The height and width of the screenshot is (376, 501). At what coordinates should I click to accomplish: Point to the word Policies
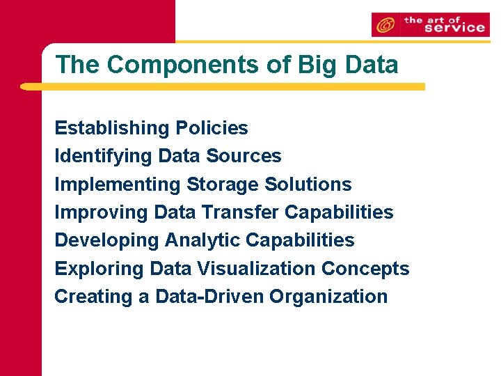click(x=212, y=128)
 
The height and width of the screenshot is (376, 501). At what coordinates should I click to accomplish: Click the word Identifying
click(x=104, y=156)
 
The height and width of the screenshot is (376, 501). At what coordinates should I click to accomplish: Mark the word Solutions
click(x=308, y=185)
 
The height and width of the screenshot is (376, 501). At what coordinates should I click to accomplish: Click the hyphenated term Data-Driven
click(x=209, y=296)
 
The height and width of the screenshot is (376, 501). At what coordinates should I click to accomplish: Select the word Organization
click(x=328, y=296)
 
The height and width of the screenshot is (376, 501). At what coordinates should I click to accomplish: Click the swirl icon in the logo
click(x=385, y=26)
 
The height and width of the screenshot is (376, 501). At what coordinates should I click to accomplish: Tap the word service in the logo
click(x=445, y=28)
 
